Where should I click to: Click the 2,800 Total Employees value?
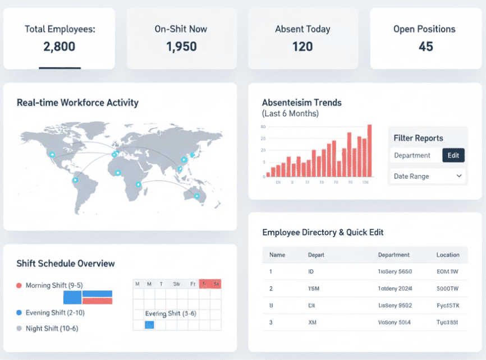(x=59, y=46)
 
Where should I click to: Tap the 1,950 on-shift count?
(x=181, y=46)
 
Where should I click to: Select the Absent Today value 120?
(x=302, y=46)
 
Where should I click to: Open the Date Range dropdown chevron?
(x=459, y=176)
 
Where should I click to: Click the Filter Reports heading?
(x=418, y=138)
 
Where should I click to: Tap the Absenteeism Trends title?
(x=302, y=103)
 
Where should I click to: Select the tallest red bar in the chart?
(x=369, y=151)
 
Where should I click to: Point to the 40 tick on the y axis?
(x=263, y=127)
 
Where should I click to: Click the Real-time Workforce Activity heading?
(x=77, y=103)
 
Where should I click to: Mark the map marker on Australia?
(x=196, y=196)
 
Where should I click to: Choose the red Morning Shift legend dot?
(x=19, y=285)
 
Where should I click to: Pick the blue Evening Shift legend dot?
(x=19, y=312)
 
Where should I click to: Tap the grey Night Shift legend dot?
(x=19, y=328)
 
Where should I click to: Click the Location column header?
(x=448, y=255)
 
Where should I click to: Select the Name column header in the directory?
(x=277, y=255)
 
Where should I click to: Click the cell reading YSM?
(x=314, y=289)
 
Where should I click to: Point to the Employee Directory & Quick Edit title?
(x=323, y=232)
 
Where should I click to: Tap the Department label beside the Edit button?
(x=412, y=155)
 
